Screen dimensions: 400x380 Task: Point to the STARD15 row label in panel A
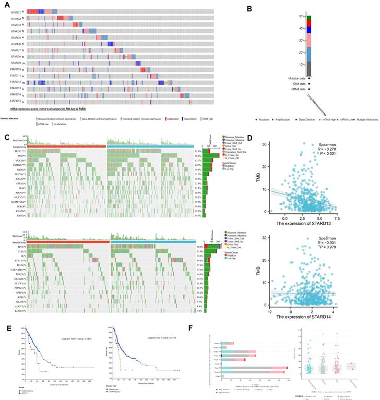click(15, 101)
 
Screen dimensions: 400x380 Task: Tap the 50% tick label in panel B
click(301, 17)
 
